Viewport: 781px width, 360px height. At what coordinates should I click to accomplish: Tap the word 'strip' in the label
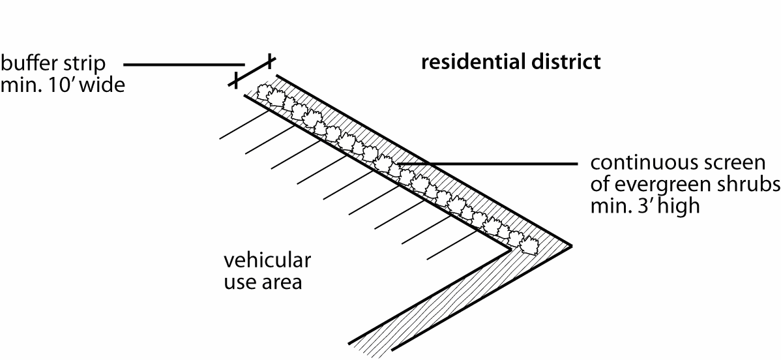(x=89, y=64)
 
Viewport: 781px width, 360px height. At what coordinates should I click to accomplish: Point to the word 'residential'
(x=470, y=63)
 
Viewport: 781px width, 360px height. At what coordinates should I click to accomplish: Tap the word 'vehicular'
(x=267, y=262)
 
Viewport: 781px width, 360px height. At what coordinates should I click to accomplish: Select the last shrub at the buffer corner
(x=528, y=243)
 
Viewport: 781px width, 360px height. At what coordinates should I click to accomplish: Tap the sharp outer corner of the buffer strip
(x=571, y=246)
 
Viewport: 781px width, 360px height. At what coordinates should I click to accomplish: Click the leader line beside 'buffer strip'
(x=183, y=64)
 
